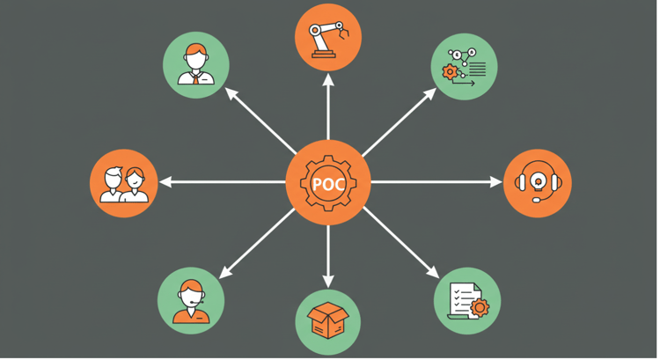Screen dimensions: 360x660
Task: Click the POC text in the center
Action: (x=329, y=184)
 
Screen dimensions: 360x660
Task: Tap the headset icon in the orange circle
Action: (x=537, y=183)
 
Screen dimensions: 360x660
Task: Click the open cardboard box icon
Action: (x=328, y=317)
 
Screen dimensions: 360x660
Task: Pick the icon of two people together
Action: (x=122, y=184)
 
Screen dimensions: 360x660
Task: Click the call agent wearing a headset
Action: (x=190, y=301)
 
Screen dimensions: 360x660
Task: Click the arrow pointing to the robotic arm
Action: (x=328, y=106)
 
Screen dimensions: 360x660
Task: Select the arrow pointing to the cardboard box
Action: (x=328, y=255)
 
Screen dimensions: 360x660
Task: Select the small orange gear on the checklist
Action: (x=480, y=308)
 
